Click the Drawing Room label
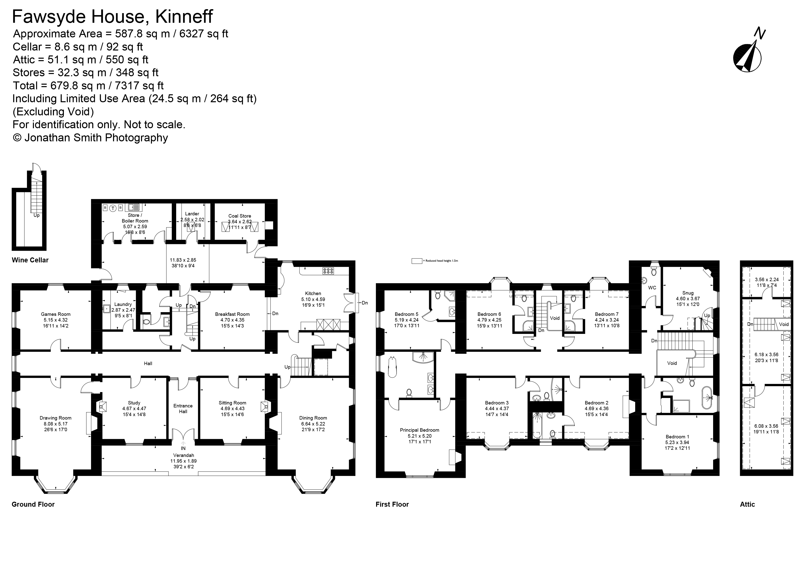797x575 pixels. click(55, 418)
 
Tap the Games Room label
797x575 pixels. click(55, 314)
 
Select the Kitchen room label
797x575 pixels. click(313, 293)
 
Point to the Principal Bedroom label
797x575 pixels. click(419, 430)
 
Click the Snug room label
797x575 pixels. click(688, 293)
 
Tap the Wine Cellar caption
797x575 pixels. click(30, 260)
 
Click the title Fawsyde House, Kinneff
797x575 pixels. click(112, 17)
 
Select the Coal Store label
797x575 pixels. click(240, 216)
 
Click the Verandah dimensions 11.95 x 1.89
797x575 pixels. click(183, 461)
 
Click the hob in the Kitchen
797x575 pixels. click(328, 271)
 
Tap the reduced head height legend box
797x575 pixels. click(417, 261)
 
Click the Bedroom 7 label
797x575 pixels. click(606, 314)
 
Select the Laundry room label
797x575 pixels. click(123, 304)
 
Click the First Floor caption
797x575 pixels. click(392, 504)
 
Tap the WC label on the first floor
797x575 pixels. click(652, 288)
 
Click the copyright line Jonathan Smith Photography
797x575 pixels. click(90, 137)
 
